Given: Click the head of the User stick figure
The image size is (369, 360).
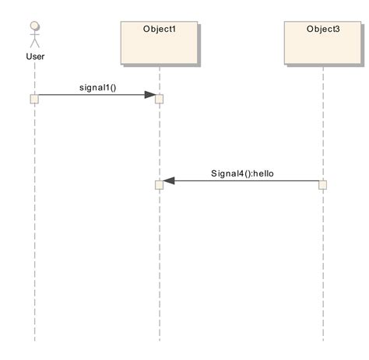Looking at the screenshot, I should [34, 26].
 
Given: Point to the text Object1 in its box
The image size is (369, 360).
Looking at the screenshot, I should [159, 30].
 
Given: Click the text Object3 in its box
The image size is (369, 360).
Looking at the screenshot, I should [322, 30].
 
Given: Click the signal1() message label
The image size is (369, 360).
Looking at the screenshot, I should [97, 86].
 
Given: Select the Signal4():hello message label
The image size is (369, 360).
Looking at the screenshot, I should [242, 173].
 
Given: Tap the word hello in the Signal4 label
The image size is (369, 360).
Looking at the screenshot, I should [263, 173].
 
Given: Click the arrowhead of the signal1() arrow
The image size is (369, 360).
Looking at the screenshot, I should [149, 95].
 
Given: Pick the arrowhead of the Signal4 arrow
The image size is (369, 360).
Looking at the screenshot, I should [169, 181].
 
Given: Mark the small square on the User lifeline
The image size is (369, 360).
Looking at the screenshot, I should [34, 99].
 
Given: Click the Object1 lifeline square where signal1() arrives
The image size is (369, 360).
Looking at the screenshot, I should [159, 99].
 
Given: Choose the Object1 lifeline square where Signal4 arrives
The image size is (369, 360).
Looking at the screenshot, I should [159, 185].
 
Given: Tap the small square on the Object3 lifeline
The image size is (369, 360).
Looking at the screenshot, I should [322, 185].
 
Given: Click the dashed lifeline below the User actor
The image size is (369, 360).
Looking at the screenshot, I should [34, 233].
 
